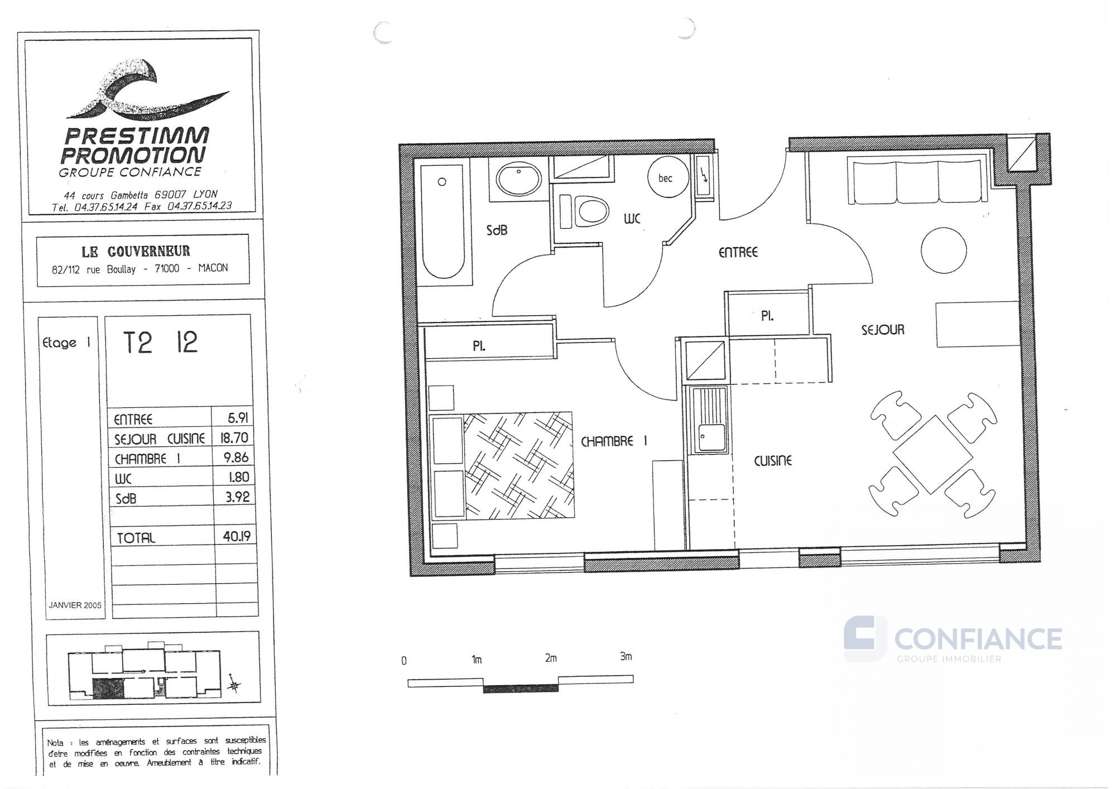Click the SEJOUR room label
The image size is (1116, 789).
pos(883,330)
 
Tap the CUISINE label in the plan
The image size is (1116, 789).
pos(773,460)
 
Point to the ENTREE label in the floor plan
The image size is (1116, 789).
pos(738,252)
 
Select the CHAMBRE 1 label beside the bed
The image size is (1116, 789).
pos(614,441)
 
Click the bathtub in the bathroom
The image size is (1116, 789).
pos(443,221)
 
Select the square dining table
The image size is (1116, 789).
pos(933,454)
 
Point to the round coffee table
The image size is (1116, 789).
pos(944,250)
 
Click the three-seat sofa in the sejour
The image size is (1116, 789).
pos(915,181)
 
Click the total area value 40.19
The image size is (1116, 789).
pos(237,536)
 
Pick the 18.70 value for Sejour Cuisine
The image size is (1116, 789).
pos(234,437)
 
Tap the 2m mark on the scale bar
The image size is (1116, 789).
pos(551,658)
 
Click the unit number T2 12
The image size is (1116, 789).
pos(160,342)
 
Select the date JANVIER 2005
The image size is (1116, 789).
pos(75,605)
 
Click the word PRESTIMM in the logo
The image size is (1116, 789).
pos(137,136)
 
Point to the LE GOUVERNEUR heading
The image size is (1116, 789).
pos(136,251)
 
